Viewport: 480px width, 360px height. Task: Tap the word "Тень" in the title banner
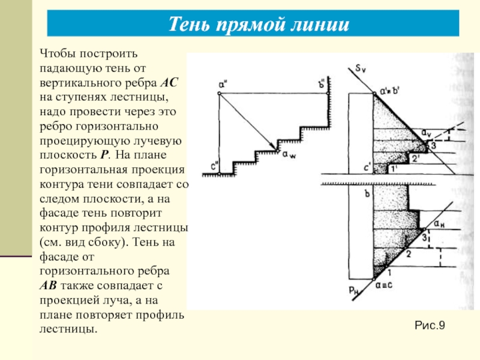coord(191,25)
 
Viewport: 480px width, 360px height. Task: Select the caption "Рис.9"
coord(430,325)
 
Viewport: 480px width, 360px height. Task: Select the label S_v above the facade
coord(359,69)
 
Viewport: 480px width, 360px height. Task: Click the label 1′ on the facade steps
coord(394,170)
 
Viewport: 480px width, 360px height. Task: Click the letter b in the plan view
coord(368,193)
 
